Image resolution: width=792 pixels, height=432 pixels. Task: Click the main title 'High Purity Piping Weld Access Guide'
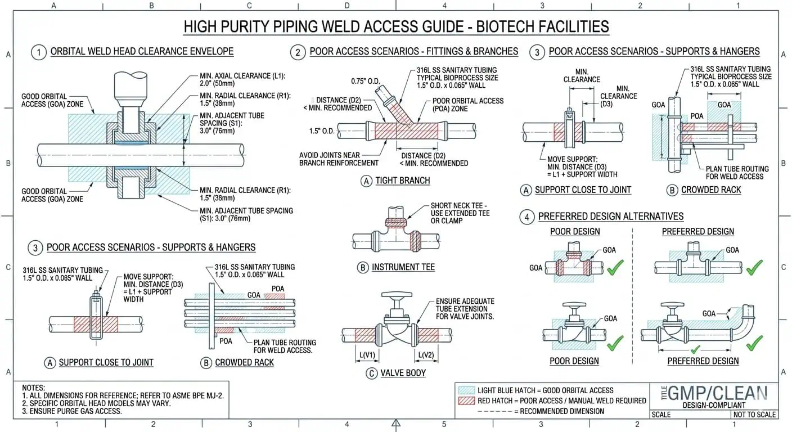pos(396,26)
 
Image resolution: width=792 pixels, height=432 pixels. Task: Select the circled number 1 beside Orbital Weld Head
pos(38,53)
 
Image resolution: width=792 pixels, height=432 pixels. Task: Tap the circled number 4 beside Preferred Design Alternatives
pos(526,217)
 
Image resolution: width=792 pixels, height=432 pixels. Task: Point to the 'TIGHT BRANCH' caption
pos(402,181)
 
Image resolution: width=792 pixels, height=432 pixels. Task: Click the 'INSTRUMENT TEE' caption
pos(403,267)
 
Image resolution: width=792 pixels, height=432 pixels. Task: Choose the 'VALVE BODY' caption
pos(403,373)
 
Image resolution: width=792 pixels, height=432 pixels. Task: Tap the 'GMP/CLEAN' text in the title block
pos(721,393)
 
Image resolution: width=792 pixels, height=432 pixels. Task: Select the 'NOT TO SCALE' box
pos(754,415)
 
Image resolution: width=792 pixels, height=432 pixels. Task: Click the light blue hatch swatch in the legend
pos(466,390)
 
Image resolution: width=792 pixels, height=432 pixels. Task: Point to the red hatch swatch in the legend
pos(466,400)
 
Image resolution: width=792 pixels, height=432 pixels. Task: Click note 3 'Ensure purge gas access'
pos(72,411)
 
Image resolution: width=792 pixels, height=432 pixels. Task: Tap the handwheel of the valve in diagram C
pos(396,295)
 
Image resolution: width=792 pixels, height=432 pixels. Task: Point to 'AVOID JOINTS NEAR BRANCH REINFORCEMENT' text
pos(339,159)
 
